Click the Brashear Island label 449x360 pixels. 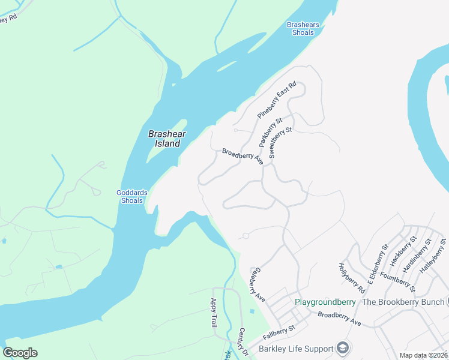(x=164, y=139)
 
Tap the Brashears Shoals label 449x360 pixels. (x=303, y=29)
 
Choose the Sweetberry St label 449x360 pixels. (x=280, y=142)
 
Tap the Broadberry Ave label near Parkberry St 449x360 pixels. (x=243, y=157)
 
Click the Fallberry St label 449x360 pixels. (x=283, y=329)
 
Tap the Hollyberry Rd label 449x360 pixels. (x=351, y=278)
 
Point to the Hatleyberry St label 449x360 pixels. (x=434, y=256)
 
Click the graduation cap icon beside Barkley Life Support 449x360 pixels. (x=343, y=348)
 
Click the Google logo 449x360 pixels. (x=20, y=353)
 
